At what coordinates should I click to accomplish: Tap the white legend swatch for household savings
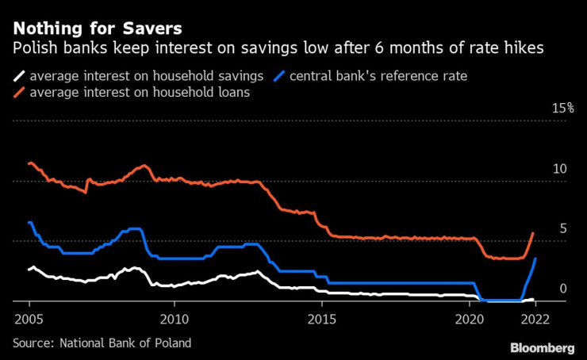pos(19,77)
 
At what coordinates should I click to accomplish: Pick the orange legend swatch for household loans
pos(19,92)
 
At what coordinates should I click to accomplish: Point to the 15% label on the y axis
pos(563,108)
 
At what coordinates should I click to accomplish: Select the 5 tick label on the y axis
pos(563,229)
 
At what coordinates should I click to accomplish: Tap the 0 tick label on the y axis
pos(563,289)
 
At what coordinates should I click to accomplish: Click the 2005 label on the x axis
pos(29,318)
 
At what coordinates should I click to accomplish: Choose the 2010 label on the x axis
pos(174,318)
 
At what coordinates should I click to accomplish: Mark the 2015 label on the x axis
pos(322,318)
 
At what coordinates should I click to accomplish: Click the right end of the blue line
pos(536,259)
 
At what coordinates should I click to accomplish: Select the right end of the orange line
pos(533,233)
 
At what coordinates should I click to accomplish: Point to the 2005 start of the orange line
pos(29,163)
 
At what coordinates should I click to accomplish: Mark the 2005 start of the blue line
pos(29,222)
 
